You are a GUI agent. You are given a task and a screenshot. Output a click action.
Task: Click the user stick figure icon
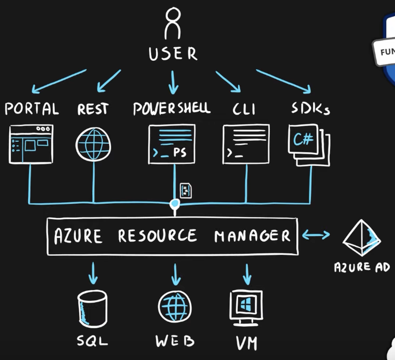[x=173, y=23]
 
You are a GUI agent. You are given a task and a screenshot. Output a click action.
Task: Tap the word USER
[x=173, y=53]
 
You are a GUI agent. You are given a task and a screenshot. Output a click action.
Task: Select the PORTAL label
[x=31, y=109]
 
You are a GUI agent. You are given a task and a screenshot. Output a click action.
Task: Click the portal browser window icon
[x=31, y=145]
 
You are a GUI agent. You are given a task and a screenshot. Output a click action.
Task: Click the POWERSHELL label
[x=171, y=109]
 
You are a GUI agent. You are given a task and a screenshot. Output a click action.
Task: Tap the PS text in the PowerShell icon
[x=180, y=153]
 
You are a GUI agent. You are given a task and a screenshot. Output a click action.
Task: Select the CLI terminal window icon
[x=246, y=144]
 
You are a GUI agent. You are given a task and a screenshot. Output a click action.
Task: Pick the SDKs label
[x=311, y=109]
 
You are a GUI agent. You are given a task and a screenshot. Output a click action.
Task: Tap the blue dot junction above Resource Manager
[x=174, y=204]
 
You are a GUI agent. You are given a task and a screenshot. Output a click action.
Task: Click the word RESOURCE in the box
[x=158, y=236]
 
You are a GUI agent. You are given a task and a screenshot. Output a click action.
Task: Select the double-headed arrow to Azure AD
[x=316, y=234]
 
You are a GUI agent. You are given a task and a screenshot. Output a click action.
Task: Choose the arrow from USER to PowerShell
[x=173, y=82]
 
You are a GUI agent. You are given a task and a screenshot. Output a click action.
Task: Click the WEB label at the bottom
[x=175, y=341]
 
